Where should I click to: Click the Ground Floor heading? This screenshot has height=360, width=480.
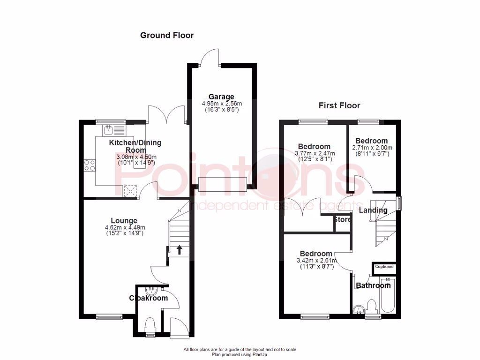(x=167, y=35)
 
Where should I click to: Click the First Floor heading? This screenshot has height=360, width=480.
(x=339, y=105)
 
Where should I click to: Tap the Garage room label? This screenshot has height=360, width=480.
(x=221, y=97)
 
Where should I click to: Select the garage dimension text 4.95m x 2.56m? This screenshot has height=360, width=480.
(x=221, y=104)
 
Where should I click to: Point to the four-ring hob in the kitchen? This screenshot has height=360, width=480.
(x=89, y=165)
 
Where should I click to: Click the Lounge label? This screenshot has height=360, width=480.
(x=124, y=220)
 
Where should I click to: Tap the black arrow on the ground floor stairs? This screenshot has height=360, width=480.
(x=180, y=249)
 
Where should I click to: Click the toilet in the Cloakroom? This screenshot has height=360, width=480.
(x=150, y=324)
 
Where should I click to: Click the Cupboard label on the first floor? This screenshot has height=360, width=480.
(x=384, y=267)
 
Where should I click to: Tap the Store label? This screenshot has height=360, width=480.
(x=342, y=219)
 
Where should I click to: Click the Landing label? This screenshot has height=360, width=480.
(x=373, y=210)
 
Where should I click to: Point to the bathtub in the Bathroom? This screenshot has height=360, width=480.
(x=388, y=296)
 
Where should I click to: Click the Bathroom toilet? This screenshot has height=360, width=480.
(x=373, y=307)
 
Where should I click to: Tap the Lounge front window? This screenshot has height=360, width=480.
(x=109, y=317)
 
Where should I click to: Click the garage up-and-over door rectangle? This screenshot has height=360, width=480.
(x=222, y=184)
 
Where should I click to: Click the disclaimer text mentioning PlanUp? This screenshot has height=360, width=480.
(x=240, y=352)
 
